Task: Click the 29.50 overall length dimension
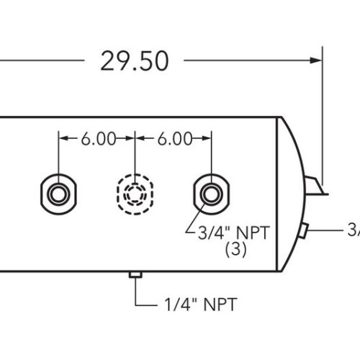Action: pos(135,61)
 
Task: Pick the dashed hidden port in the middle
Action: pos(135,193)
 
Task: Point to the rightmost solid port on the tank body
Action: pos(210,192)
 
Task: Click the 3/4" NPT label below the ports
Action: pos(226,233)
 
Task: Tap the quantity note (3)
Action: pos(235,250)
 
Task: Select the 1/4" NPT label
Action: pos(196,304)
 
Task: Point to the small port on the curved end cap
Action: pos(305,230)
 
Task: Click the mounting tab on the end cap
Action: pos(315,187)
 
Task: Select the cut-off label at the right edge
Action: pos(354,230)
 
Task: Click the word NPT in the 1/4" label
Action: pos(215,304)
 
